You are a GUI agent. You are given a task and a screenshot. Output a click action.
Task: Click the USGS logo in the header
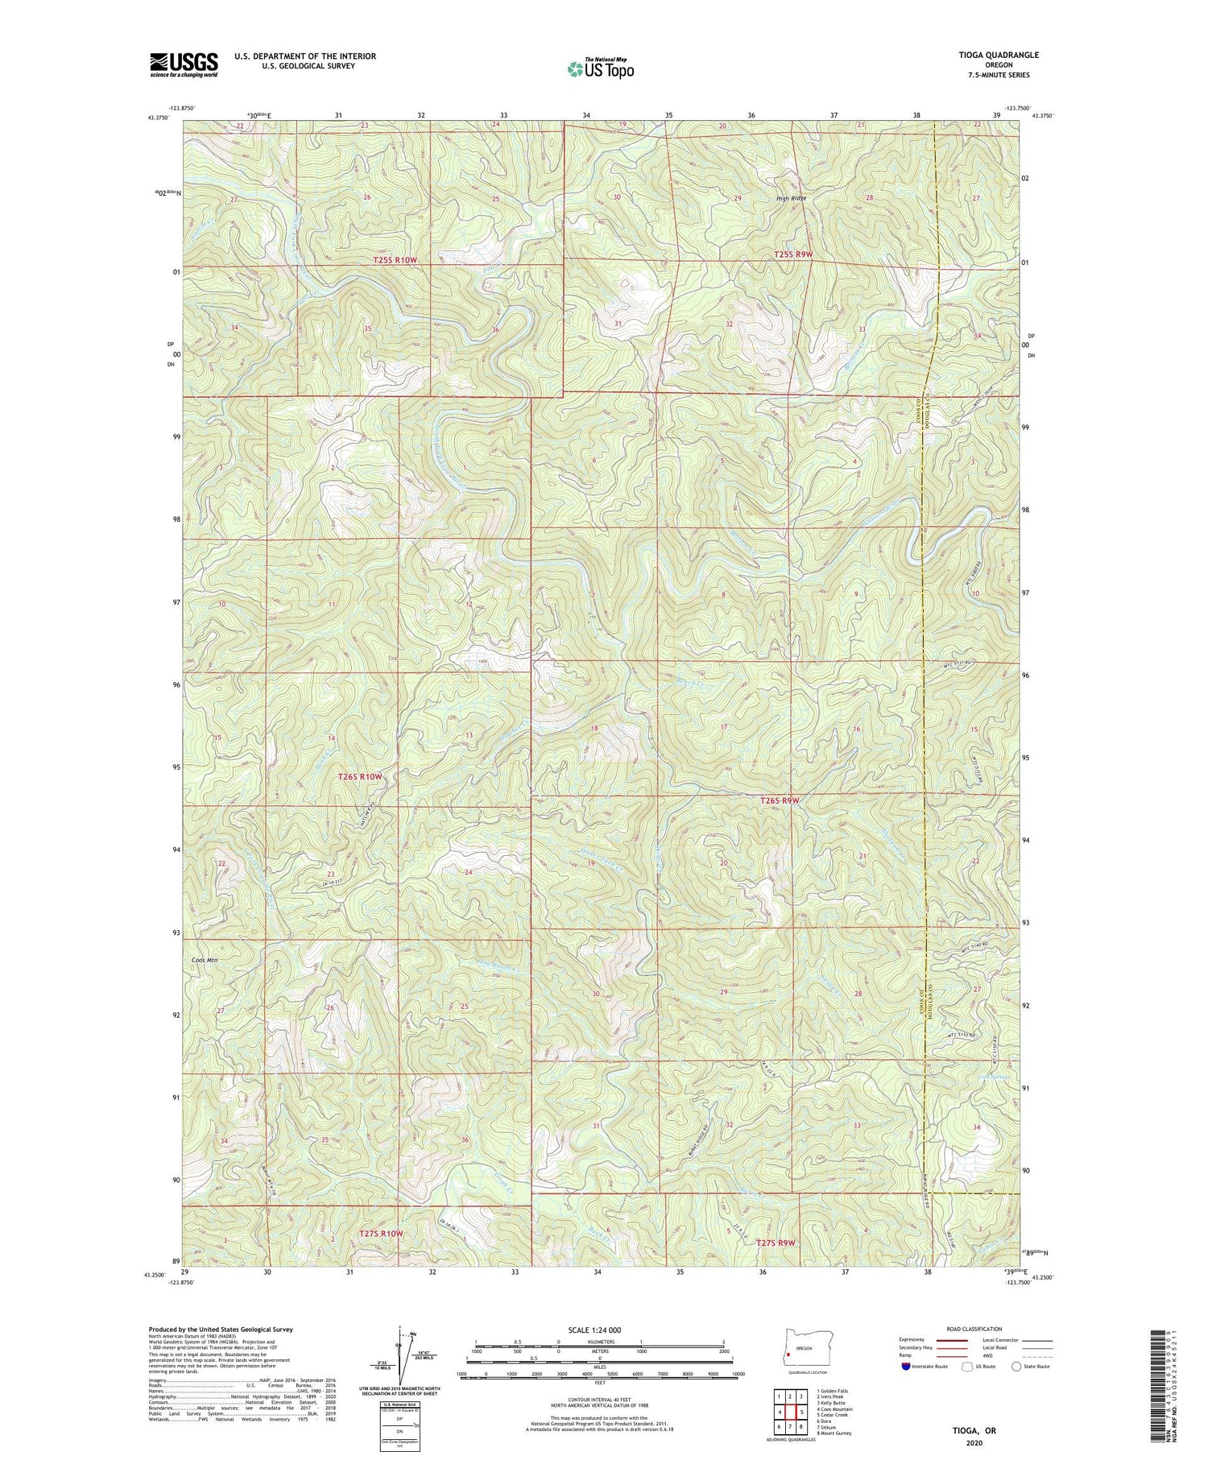pos(183,64)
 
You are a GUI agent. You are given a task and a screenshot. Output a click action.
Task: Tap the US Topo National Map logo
pos(600,68)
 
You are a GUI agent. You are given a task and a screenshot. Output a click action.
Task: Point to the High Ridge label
pos(790,198)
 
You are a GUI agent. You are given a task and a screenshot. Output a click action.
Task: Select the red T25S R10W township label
pos(395,260)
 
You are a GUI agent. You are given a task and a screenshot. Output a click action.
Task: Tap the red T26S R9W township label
pos(780,800)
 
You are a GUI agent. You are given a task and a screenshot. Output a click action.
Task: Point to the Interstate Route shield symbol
pos(907,1366)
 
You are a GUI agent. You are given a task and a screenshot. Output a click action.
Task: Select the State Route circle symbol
pos(1017,1366)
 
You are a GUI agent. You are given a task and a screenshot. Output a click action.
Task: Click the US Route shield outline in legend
pos(967,1366)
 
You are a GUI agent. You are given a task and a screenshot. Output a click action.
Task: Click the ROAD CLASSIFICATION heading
pos(974,1329)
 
